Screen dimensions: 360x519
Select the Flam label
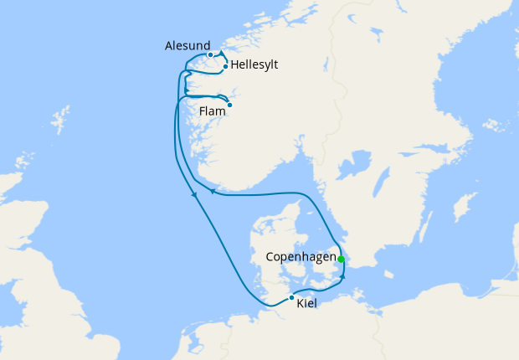pos(213,110)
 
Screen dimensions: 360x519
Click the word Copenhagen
pos(301,256)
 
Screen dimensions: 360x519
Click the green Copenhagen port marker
pos(341,259)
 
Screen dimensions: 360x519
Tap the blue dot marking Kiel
pos(291,297)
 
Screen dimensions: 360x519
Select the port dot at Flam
pos(229,105)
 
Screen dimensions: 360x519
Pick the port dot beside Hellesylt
pos(226,66)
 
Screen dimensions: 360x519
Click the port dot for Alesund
pos(210,55)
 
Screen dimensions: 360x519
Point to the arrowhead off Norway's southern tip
pos(212,192)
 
